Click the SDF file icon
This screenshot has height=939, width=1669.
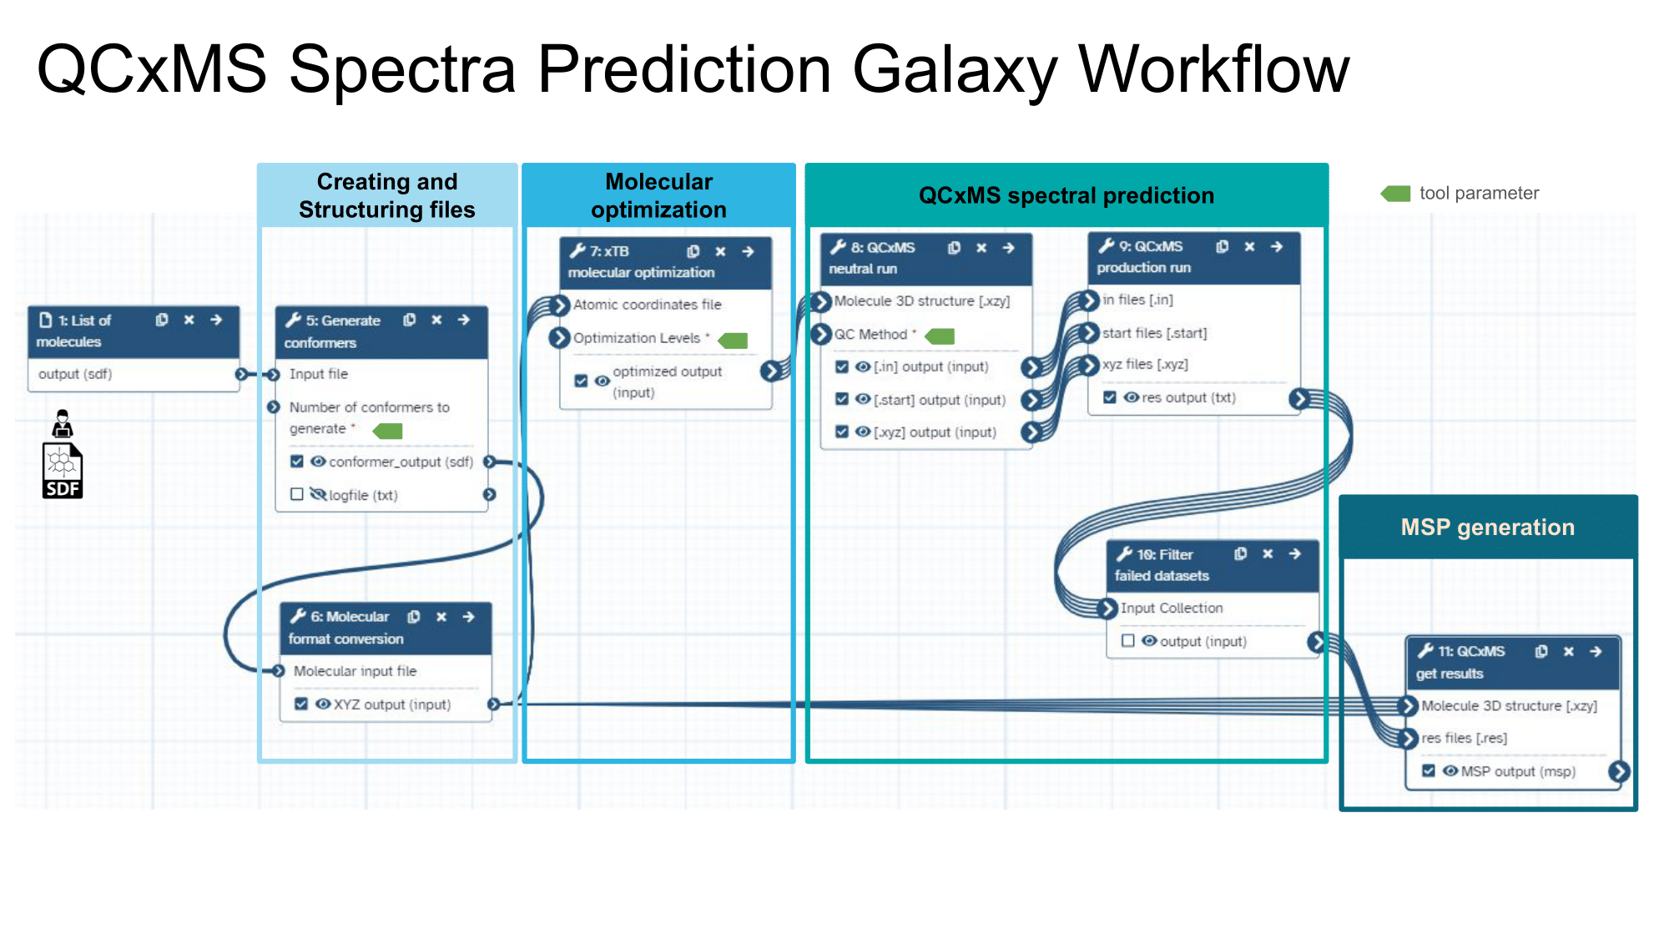pos(63,472)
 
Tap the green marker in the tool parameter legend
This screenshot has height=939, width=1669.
pos(1396,194)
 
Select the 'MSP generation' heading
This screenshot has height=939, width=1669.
pos(1487,528)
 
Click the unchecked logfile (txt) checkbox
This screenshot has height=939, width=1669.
pos(296,494)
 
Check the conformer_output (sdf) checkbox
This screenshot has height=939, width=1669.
pos(296,462)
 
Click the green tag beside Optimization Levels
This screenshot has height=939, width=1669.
pos(734,340)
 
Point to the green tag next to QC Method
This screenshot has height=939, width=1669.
pos(940,336)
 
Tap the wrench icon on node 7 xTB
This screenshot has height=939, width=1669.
pos(577,250)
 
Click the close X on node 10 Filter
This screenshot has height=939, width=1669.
pos(1268,553)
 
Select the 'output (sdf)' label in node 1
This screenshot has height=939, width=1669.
pos(75,374)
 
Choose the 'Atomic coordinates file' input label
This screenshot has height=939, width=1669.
pos(647,305)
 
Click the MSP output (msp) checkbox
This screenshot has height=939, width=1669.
pos(1429,770)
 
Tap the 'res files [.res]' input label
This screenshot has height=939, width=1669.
pos(1464,738)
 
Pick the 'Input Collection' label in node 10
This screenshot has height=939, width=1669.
pos(1172,608)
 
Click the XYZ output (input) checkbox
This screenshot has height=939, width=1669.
pos(301,704)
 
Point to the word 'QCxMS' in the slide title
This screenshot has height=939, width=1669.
pos(152,68)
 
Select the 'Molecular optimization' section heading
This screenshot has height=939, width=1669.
pos(658,195)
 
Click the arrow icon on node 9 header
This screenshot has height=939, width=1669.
pos(1276,246)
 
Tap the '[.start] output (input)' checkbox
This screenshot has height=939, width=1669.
pos(842,399)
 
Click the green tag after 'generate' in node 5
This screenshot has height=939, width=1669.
pos(388,431)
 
